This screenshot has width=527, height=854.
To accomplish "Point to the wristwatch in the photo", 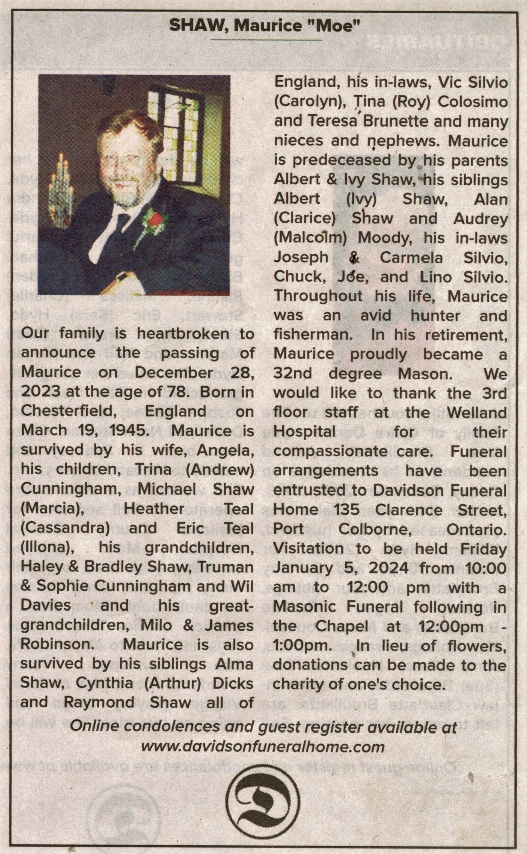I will [122, 277].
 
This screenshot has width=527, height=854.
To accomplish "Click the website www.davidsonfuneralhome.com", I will [263, 747].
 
